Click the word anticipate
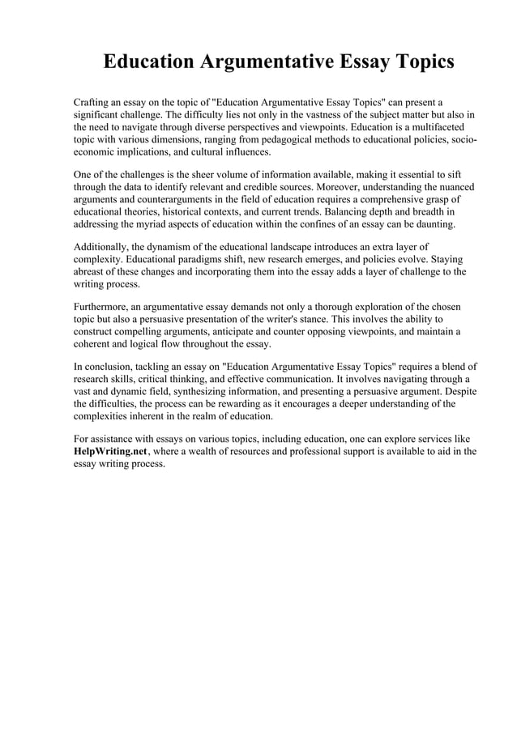(271, 331)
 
